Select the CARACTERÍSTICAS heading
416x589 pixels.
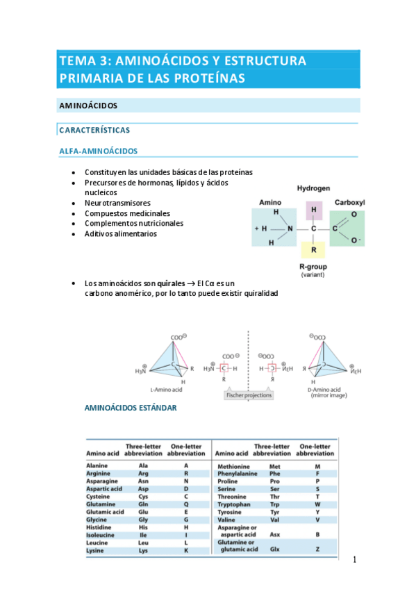pyautogui.click(x=94, y=130)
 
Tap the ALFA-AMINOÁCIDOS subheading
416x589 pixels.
pyautogui.click(x=98, y=151)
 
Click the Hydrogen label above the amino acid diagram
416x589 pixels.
pyautogui.click(x=313, y=188)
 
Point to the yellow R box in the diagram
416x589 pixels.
pyautogui.click(x=313, y=249)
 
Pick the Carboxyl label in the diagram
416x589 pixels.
pyautogui.click(x=349, y=202)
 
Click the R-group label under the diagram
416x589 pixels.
pyautogui.click(x=313, y=267)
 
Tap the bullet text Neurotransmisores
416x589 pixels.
pyautogui.click(x=117, y=203)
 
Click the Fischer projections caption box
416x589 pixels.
pyautogui.click(x=249, y=395)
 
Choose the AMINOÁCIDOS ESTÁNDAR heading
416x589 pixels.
pyautogui.click(x=131, y=408)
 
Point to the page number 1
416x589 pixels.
pyautogui.click(x=353, y=560)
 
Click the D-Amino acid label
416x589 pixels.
pyautogui.click(x=325, y=390)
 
